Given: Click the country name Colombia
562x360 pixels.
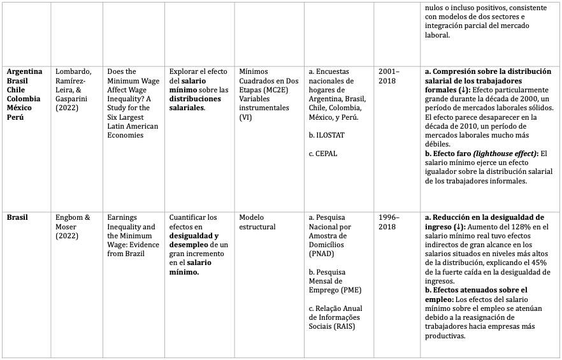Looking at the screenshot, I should click(24, 99).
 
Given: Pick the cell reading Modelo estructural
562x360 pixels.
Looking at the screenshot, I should click(257, 222).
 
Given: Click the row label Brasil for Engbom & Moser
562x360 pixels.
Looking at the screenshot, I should click(18, 217).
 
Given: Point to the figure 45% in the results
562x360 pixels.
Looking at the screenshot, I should click(531, 263).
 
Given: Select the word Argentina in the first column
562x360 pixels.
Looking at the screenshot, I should click(25, 71).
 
